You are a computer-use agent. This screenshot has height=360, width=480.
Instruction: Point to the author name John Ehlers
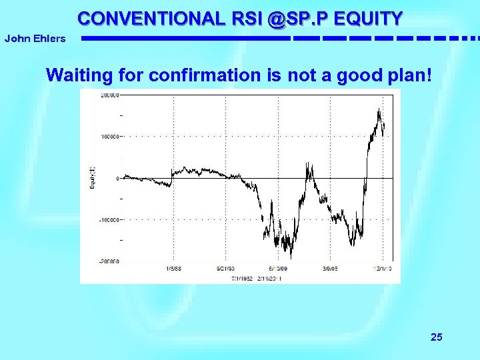[x=35, y=39]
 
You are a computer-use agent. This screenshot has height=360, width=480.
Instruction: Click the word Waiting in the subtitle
[x=73, y=75]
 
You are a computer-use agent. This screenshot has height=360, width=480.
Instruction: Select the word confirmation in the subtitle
[x=205, y=75]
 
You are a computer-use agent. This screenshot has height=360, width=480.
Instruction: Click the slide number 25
[x=436, y=337]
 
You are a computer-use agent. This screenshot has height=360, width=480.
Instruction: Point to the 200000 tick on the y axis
[x=109, y=95]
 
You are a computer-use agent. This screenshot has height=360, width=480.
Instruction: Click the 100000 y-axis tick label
[x=109, y=137]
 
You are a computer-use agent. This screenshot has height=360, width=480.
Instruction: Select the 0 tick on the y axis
[x=117, y=178]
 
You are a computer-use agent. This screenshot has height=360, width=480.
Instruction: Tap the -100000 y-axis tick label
[x=108, y=219]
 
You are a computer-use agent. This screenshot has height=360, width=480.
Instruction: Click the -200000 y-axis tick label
[x=108, y=261]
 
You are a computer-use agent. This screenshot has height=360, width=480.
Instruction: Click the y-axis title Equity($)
[x=93, y=177]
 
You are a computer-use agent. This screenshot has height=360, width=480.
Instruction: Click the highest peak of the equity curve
[x=379, y=109]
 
